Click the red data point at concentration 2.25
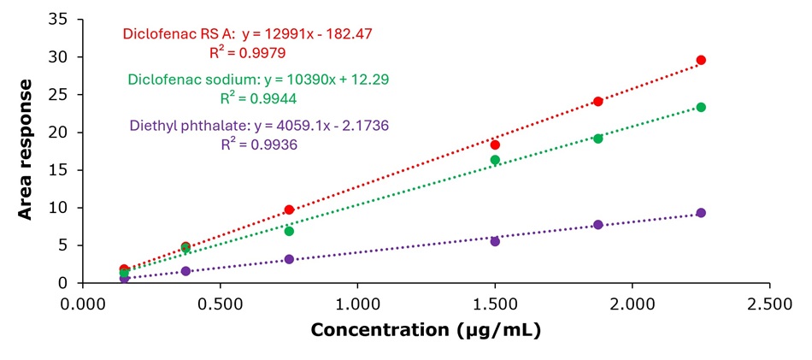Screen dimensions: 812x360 point(701,60)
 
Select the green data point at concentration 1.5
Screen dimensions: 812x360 point(495,160)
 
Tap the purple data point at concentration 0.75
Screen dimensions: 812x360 point(289,259)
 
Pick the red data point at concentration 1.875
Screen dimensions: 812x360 point(598,102)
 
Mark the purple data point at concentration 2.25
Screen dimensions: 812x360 point(701,213)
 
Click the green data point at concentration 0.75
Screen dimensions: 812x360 point(289,231)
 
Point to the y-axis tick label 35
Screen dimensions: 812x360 point(65,20)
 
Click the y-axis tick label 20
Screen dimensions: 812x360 point(65,133)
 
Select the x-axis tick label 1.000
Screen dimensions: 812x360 point(357,302)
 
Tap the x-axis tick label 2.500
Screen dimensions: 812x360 point(769,302)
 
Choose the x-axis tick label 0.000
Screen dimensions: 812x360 point(83,302)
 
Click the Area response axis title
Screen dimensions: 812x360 point(25,150)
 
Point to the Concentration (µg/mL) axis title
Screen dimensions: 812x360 point(426,330)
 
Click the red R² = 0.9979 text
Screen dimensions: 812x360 point(248,53)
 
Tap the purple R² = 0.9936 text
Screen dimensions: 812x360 point(259,145)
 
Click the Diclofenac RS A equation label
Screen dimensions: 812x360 point(248,34)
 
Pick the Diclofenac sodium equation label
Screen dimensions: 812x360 point(258,80)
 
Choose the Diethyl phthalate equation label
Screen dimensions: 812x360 point(259,126)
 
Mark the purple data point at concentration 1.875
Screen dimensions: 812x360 point(598,224)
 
